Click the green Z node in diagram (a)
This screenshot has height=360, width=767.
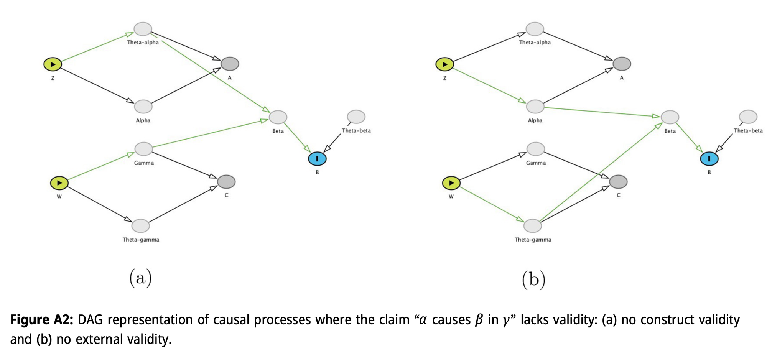coord(53,64)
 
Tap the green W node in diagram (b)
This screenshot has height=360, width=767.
coord(451,183)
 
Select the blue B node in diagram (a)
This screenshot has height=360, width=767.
coord(317,159)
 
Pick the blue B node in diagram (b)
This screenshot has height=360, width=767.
coord(709,159)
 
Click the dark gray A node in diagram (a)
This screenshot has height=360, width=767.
coord(230,64)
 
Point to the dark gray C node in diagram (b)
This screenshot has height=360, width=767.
coord(618,182)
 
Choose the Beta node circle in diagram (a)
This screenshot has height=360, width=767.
coord(278,117)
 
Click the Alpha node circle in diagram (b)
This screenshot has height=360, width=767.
coord(535,107)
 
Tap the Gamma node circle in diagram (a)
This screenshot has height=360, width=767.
coord(144,149)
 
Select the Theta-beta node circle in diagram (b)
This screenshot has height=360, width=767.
coord(748,117)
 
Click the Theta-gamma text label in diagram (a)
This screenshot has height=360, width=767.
coord(141,240)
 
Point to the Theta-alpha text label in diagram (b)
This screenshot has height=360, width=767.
coord(535,42)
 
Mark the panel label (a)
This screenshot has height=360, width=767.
coord(140,278)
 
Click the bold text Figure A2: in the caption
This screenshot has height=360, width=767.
coord(41,319)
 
